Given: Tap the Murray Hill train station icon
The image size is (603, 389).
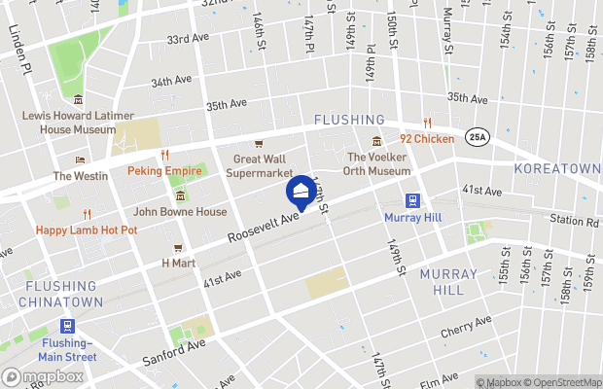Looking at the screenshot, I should click(412, 200).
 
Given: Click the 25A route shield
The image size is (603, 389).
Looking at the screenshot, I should click(477, 136).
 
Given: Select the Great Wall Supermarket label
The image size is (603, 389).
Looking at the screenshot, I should click(260, 166).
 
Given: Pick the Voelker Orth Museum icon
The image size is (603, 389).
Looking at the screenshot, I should click(376, 144).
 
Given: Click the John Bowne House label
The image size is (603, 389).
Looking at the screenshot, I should click(179, 211).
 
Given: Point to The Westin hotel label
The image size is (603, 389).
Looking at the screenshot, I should click(81, 176).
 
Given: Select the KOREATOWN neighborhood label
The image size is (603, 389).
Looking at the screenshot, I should click(563, 168).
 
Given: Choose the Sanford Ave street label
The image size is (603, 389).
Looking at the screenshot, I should click(174, 350).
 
